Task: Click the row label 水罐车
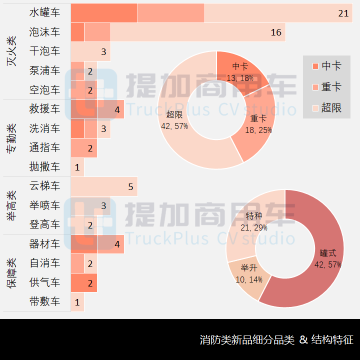(x=44, y=13)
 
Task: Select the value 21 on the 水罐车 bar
(x=343, y=13)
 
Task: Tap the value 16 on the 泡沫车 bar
(x=276, y=32)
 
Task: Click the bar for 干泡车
(x=90, y=51)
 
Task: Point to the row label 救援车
(x=44, y=109)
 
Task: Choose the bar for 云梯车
(x=103, y=186)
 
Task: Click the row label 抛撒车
(x=44, y=167)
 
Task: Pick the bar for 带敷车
(x=77, y=302)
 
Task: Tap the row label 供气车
(x=44, y=283)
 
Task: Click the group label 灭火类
(x=11, y=51)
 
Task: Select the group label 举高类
(x=11, y=205)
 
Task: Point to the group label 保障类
(x=11, y=273)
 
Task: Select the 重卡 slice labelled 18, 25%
(x=258, y=123)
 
